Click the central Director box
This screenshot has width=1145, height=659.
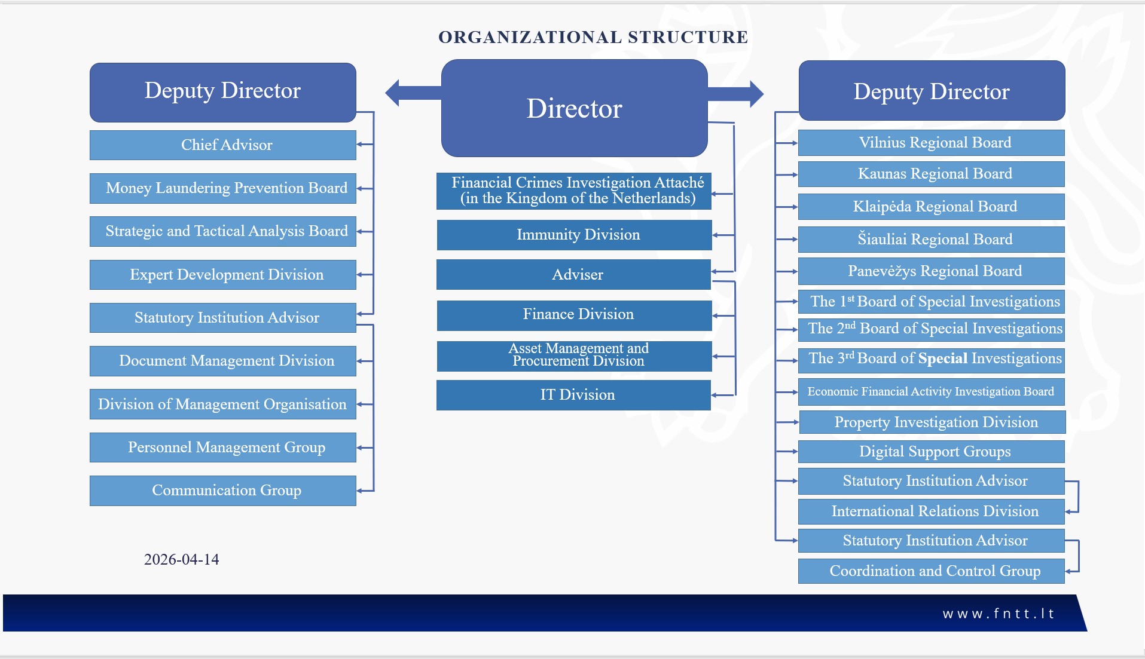tap(574, 108)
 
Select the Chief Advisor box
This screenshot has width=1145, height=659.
tap(223, 145)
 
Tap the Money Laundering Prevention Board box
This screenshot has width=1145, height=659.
tap(223, 188)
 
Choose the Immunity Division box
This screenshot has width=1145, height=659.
tap(574, 235)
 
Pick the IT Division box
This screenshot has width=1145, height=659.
tap(573, 395)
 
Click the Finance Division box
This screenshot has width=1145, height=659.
tap(574, 315)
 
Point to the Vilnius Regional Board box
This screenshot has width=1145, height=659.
tap(932, 143)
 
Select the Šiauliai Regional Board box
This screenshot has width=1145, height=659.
tap(932, 240)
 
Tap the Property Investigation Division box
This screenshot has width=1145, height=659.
tap(933, 422)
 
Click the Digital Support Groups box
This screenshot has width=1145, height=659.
tap(932, 452)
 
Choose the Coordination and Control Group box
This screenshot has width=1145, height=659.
tap(932, 571)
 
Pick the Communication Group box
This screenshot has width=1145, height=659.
tap(223, 491)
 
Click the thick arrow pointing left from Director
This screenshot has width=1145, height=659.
tap(413, 93)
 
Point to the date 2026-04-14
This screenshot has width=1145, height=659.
tap(181, 559)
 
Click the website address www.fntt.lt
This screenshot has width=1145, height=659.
tap(999, 614)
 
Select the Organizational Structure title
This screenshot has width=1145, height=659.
tap(593, 37)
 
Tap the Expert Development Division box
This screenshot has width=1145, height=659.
tap(223, 275)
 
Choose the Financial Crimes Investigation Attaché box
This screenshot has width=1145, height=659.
tap(574, 191)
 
